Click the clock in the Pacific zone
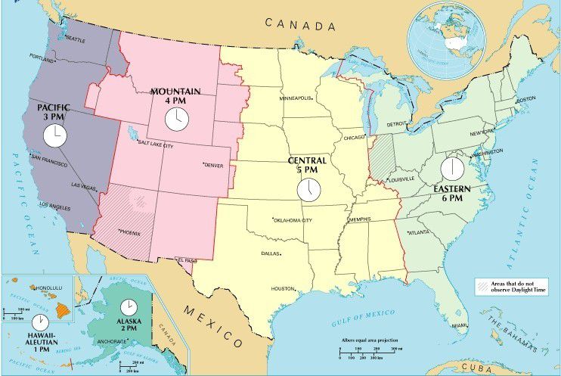(54, 135)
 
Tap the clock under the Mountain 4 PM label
(175, 118)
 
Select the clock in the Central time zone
(308, 189)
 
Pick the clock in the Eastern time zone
(452, 168)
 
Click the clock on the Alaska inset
(129, 307)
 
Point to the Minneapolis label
(295, 98)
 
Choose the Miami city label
(460, 325)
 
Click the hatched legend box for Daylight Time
(482, 285)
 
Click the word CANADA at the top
(299, 25)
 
